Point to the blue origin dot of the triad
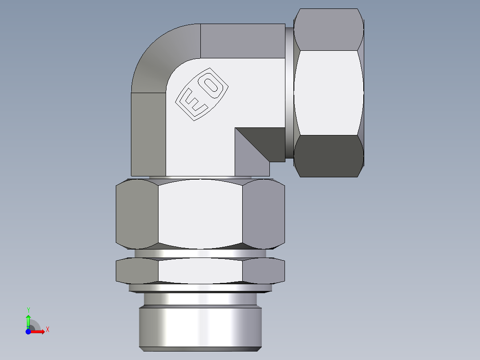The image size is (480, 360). [28, 331]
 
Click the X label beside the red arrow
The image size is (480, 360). [47, 330]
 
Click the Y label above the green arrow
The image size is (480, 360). [28, 310]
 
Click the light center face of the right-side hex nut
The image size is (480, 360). [329, 93]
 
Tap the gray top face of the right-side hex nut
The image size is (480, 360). [329, 29]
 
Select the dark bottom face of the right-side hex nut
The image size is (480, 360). [329, 156]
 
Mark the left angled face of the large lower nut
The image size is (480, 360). [136, 214]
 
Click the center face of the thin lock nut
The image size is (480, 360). [200, 270]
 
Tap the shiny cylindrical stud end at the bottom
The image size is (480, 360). [200, 326]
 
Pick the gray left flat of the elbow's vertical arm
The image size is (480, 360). [148, 134]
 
